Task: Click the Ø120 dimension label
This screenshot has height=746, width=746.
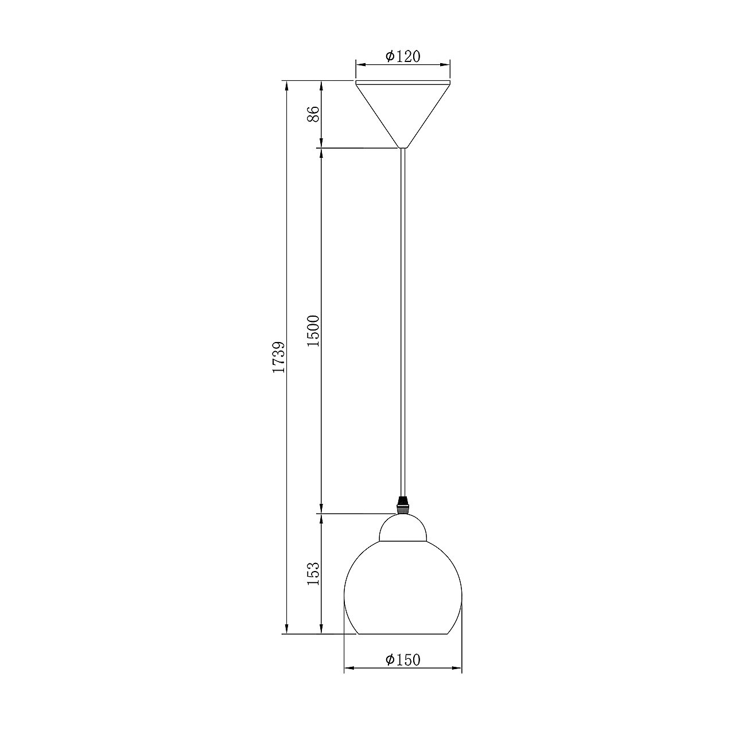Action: pos(403,56)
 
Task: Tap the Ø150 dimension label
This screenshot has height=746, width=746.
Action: pos(403,660)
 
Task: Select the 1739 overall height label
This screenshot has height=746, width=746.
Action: pos(279,357)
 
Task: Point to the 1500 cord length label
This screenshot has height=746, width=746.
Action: pos(313,331)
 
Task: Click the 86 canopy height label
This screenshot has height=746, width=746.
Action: pos(313,114)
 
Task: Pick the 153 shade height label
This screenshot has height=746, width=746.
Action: pos(313,573)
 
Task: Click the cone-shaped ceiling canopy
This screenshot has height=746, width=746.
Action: pos(403,112)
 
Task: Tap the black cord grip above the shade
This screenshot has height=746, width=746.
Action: pos(403,505)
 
